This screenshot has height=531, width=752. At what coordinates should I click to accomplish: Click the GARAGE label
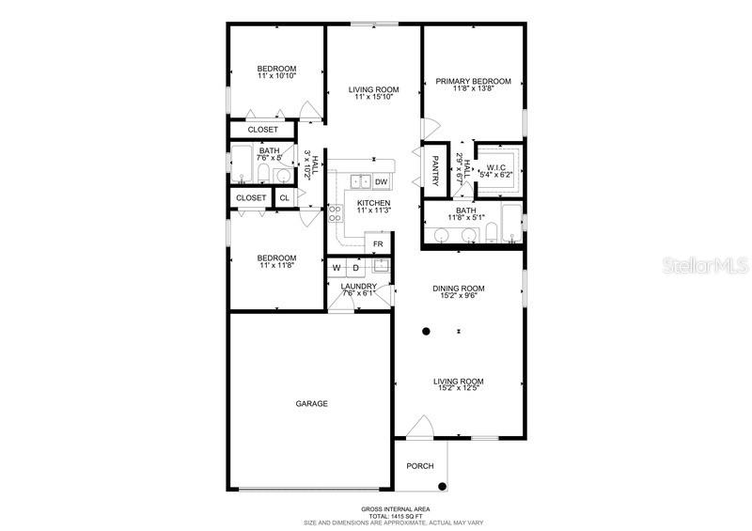tap(312, 403)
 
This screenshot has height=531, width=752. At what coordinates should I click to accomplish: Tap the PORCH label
tap(419, 466)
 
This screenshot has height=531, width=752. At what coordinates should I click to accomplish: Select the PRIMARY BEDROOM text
tap(472, 82)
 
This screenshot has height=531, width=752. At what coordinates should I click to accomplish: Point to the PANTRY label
tap(436, 170)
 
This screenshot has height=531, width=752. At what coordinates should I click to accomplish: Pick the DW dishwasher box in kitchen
tap(381, 181)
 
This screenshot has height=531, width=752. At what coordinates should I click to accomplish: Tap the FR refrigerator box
tap(378, 244)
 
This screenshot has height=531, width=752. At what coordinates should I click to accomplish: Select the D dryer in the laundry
tap(356, 268)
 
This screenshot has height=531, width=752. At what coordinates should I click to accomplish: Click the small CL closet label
tap(284, 197)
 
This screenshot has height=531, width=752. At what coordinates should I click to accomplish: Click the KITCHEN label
tap(373, 203)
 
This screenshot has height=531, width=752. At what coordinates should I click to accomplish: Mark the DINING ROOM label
tap(459, 289)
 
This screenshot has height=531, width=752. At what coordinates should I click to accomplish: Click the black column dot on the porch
tap(441, 485)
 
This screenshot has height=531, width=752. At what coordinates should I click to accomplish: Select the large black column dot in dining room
tap(426, 331)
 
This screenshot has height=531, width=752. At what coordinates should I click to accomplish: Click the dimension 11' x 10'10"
tap(277, 76)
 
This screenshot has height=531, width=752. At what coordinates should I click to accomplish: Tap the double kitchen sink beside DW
tap(358, 181)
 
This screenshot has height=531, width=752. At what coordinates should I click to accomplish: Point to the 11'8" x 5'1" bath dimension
tap(467, 219)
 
